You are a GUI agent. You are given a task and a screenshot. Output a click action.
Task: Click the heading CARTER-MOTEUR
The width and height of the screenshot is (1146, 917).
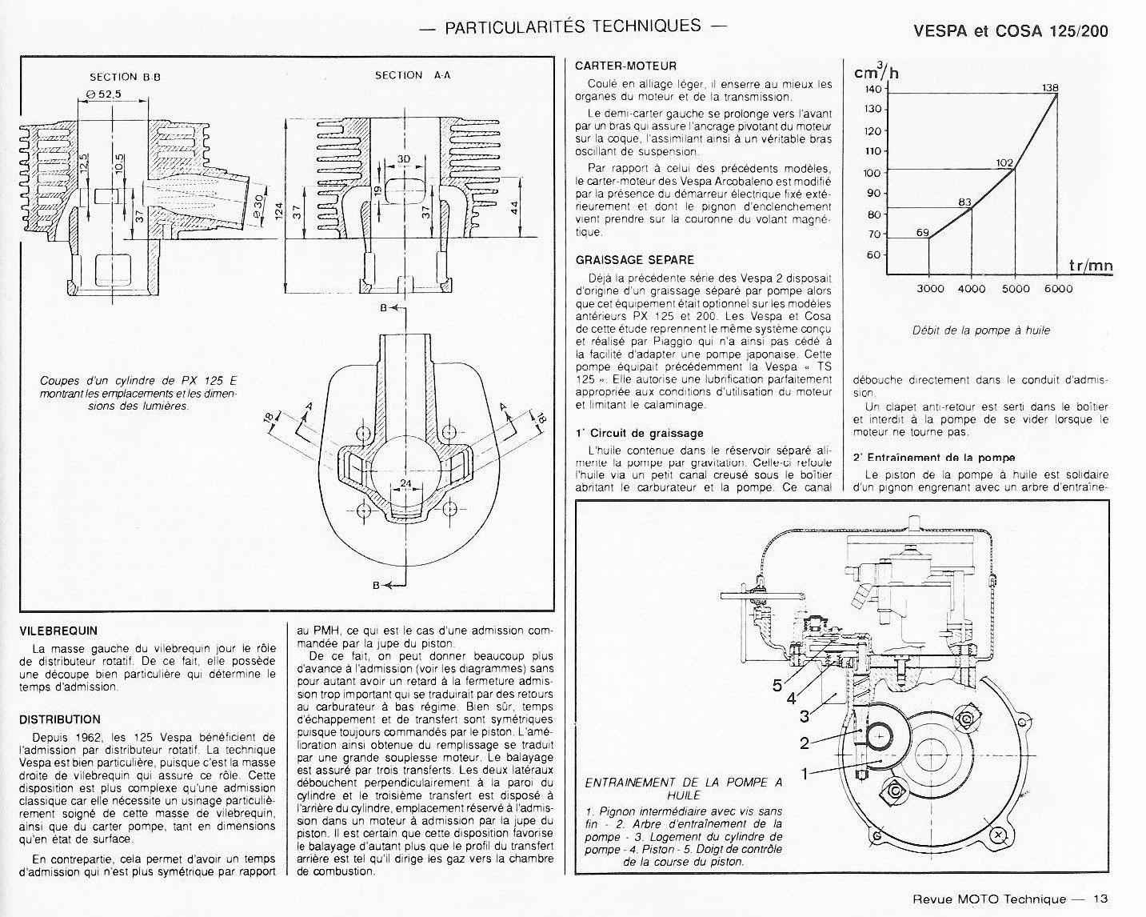625,66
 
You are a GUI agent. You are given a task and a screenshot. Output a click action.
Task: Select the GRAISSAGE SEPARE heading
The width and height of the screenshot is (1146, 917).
635,259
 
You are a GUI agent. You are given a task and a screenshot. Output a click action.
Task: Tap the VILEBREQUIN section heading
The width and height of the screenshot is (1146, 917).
58,631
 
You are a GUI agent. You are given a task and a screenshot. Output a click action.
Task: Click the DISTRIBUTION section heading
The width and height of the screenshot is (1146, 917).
60,719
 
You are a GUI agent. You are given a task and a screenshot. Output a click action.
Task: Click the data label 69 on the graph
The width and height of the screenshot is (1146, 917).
922,233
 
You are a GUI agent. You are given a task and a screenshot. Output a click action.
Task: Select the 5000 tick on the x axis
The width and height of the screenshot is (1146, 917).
1015,289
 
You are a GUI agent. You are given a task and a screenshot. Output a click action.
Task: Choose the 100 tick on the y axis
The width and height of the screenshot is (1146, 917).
872,173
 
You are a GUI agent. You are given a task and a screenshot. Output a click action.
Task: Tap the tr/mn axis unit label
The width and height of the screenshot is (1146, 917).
1090,266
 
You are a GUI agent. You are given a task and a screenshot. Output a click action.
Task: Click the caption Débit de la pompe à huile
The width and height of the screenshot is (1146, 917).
980,330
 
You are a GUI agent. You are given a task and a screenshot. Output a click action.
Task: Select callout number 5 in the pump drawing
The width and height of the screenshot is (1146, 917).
777,685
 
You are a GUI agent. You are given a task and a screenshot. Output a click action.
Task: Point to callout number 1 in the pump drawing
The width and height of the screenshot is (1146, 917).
805,774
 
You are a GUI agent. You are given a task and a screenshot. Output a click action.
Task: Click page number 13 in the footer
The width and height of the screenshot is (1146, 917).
1101,899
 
